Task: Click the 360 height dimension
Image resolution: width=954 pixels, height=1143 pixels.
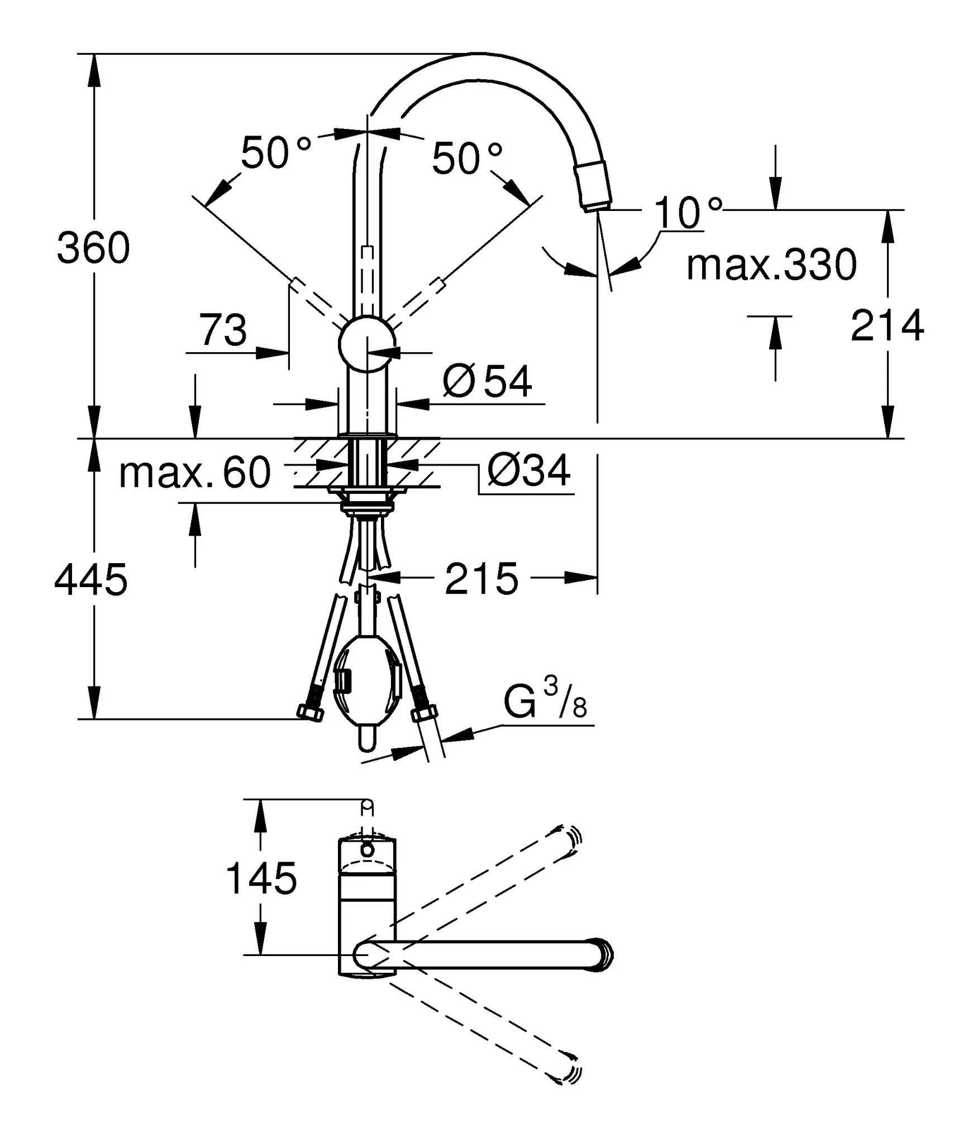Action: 93,248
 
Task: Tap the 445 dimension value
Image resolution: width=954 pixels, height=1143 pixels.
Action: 91,580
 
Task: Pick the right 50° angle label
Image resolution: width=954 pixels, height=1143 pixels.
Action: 466,158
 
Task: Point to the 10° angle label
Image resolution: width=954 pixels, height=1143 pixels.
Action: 686,213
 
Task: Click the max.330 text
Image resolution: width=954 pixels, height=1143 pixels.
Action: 771,265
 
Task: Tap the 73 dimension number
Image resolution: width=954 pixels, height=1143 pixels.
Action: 223,330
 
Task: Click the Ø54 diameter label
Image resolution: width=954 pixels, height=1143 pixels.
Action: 487,381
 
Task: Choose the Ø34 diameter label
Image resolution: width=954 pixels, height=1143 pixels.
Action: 529,470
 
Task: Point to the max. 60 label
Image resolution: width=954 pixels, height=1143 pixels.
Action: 195,473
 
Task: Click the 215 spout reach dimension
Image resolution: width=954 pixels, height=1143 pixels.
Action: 481,579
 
